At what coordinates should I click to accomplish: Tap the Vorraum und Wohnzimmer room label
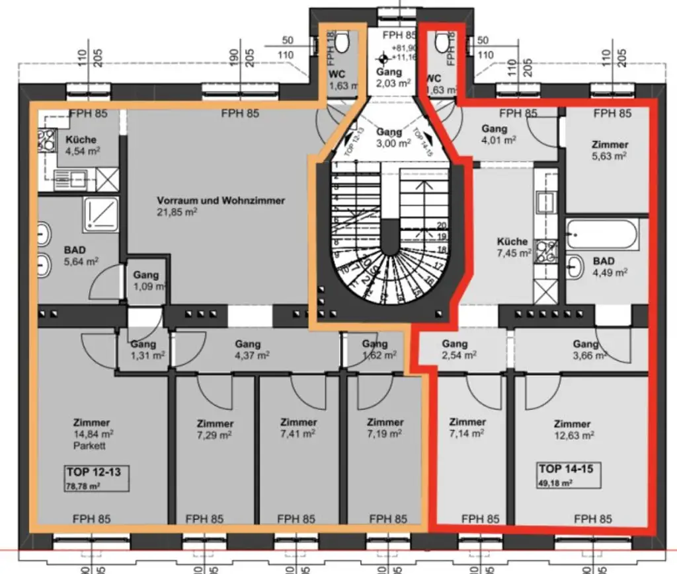(x=221, y=206)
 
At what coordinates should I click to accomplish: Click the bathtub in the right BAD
(x=601, y=234)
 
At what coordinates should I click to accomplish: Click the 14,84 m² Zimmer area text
(x=93, y=434)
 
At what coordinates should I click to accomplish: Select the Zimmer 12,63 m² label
(x=573, y=429)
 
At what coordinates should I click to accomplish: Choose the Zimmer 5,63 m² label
(x=610, y=150)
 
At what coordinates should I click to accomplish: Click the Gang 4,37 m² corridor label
(x=247, y=349)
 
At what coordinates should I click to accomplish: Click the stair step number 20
(x=442, y=225)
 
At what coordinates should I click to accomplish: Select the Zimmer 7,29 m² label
(x=215, y=429)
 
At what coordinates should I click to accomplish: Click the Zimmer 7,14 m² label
(x=467, y=427)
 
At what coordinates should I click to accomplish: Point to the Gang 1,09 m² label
(x=146, y=281)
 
